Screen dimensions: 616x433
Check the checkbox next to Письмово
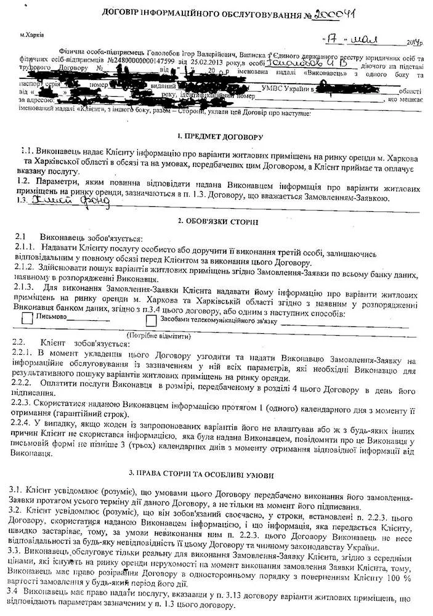pos(27,319)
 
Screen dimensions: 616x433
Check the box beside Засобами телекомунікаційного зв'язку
pos(152,320)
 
